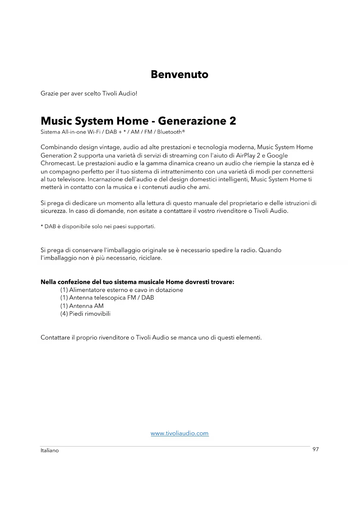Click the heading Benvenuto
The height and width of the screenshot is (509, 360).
180,75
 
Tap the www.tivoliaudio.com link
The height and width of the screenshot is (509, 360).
180,433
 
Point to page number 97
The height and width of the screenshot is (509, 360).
316,449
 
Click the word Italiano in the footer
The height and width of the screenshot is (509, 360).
50,450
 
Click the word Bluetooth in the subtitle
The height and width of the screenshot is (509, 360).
169,132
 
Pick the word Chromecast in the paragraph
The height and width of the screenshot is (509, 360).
58,163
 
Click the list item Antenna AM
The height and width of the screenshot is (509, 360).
86,306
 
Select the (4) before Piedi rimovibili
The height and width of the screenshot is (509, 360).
64,314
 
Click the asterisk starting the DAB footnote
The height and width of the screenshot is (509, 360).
42,226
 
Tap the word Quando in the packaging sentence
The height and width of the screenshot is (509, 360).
270,250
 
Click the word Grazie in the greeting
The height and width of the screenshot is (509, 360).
49,93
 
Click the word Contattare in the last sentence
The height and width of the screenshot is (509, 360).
55,337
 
